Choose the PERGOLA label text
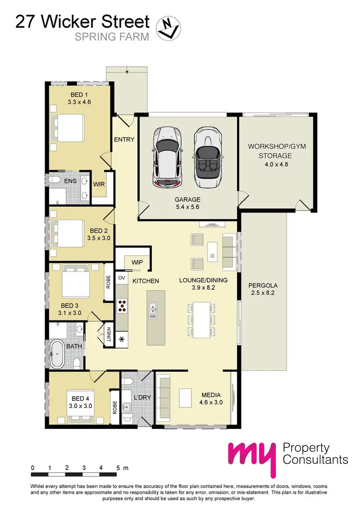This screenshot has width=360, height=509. [x=263, y=285]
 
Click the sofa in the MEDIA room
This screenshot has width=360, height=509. [x=163, y=396]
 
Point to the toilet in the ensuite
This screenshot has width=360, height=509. [x=55, y=181]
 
